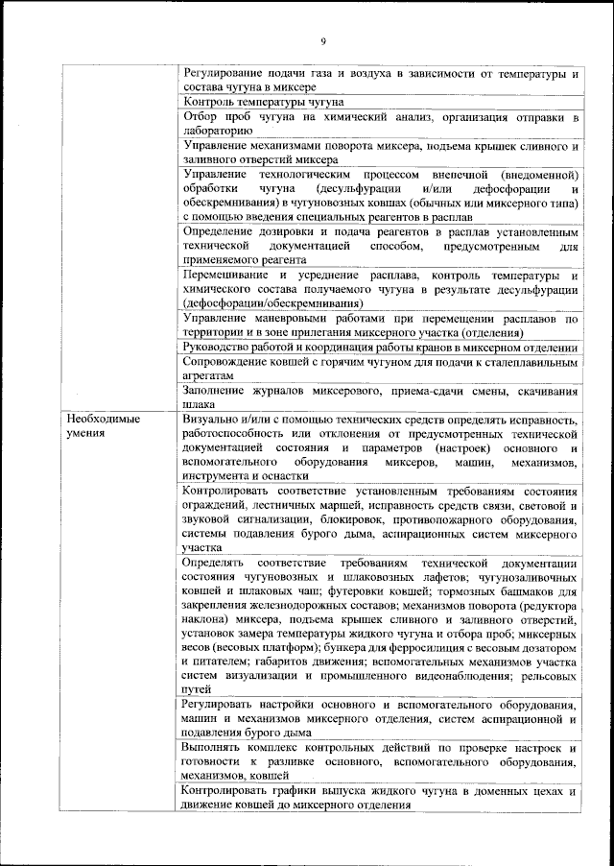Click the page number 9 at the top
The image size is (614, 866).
(x=323, y=40)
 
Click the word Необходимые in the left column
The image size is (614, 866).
(x=103, y=420)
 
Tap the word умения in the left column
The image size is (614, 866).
(x=86, y=434)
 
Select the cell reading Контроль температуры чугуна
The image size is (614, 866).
(x=263, y=101)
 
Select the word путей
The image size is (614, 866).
(x=198, y=688)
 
